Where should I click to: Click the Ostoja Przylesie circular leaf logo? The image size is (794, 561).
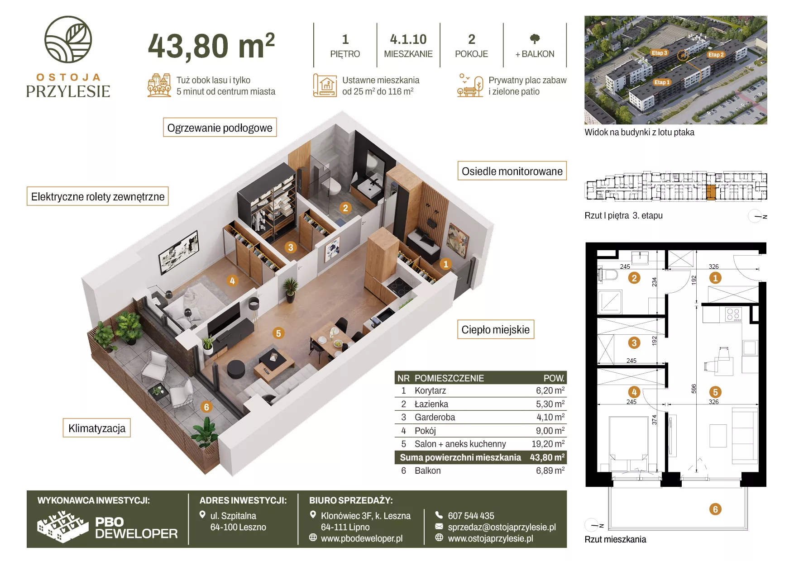tap(68, 39)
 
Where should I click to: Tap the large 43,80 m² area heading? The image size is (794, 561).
tap(211, 46)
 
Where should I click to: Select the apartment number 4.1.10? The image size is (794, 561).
tap(408, 39)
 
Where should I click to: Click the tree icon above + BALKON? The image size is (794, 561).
tap(535, 38)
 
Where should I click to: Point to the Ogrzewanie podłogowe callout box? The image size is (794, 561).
tap(220, 128)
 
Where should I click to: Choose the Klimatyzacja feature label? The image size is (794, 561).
tap(97, 428)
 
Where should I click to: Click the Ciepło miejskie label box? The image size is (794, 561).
tap(496, 329)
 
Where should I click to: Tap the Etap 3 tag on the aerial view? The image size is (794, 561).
tap(660, 53)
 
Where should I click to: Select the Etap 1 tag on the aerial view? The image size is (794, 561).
tap(662, 82)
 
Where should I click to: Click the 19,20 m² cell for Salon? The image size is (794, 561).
tap(548, 444)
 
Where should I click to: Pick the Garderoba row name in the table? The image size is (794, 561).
tap(435, 417)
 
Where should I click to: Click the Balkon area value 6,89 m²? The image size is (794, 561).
tap(550, 471)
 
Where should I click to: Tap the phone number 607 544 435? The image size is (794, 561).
tap(471, 516)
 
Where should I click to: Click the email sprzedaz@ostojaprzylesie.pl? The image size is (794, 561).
tap(502, 527)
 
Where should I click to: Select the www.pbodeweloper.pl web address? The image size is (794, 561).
tap(362, 538)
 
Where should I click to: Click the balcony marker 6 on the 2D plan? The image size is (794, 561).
tap(715, 509)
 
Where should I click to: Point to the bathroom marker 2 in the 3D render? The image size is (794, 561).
tap(345, 208)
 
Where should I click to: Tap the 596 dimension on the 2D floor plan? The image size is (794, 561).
tap(694, 389)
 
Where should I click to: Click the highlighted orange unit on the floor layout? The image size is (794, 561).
tap(711, 192)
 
